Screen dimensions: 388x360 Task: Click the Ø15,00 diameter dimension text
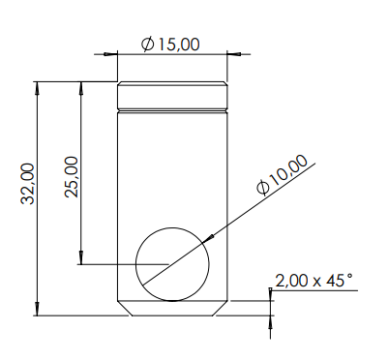(x=170, y=45)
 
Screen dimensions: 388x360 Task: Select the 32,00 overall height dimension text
(x=28, y=184)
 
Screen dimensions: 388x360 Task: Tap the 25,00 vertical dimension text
(x=72, y=177)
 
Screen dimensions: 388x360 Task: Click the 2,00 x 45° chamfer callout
(x=313, y=281)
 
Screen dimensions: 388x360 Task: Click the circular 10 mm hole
(x=172, y=228)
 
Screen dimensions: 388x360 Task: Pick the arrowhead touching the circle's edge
(x=208, y=239)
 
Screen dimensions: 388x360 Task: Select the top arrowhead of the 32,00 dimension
(x=38, y=88)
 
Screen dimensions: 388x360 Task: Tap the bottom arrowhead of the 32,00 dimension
(x=38, y=310)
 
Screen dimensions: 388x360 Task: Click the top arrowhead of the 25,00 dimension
(x=81, y=88)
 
